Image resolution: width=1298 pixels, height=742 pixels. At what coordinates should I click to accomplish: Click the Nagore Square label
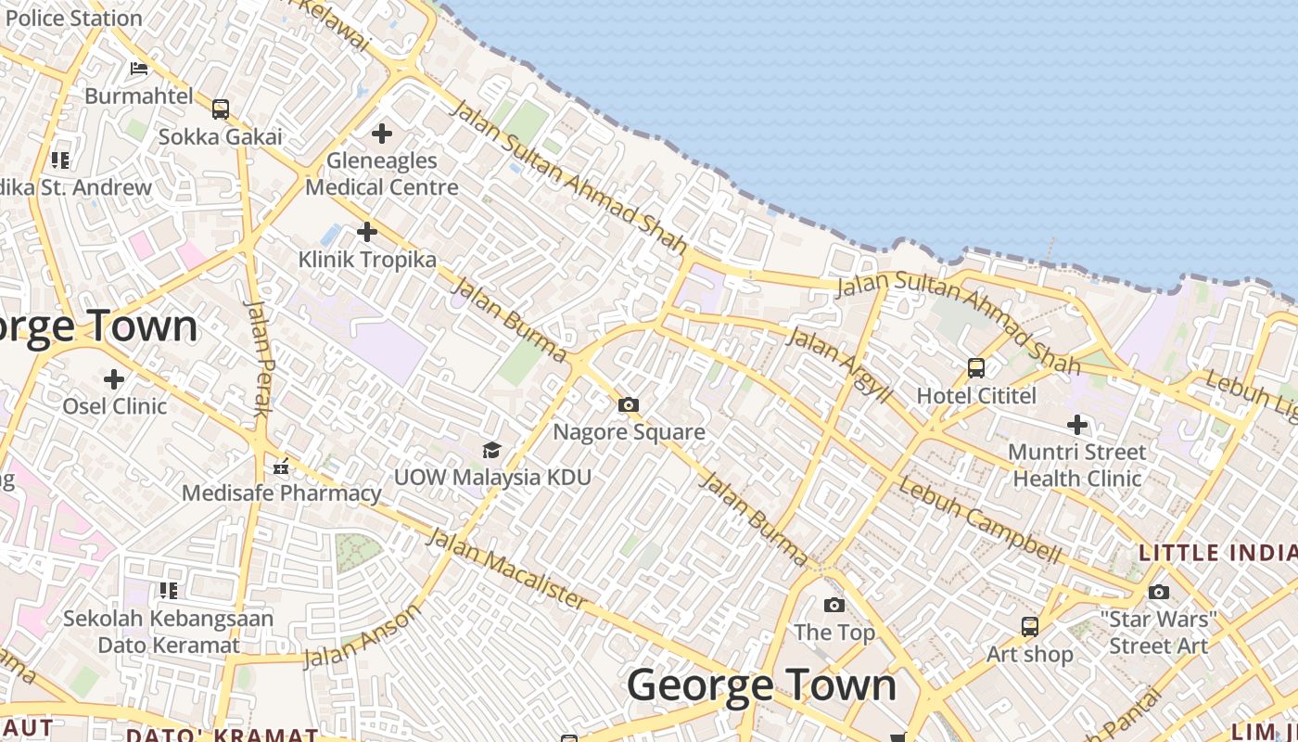[629, 432]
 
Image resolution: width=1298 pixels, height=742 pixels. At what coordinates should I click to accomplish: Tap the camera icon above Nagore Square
[629, 405]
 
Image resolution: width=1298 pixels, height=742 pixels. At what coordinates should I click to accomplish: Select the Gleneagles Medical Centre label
[382, 173]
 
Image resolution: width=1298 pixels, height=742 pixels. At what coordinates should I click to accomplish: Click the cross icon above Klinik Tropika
[367, 231]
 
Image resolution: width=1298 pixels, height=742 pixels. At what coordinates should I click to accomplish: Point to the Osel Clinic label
[115, 406]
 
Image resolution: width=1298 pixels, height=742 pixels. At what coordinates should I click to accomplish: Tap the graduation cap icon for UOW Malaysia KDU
[491, 451]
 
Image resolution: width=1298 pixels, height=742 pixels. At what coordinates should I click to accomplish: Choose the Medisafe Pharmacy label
[281, 493]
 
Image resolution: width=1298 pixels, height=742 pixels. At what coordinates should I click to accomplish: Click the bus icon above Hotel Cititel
[976, 368]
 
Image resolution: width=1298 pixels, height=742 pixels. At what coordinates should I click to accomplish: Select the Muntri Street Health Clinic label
[1077, 466]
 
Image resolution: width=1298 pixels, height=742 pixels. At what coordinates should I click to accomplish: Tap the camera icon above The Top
[834, 606]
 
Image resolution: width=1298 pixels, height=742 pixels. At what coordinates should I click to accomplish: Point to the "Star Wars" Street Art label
[1159, 633]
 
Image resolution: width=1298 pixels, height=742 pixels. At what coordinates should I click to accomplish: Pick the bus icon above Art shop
[1029, 627]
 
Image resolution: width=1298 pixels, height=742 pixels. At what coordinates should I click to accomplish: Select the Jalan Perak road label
[257, 357]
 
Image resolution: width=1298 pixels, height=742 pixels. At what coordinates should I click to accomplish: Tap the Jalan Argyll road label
[839, 365]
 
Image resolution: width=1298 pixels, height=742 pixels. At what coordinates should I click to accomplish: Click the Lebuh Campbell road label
[980, 521]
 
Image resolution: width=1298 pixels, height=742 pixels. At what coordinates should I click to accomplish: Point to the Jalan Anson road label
[362, 636]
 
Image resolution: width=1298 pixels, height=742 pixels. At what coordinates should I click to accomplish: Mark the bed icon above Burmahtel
[139, 69]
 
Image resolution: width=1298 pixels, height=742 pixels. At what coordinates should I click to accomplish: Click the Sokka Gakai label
[220, 137]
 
